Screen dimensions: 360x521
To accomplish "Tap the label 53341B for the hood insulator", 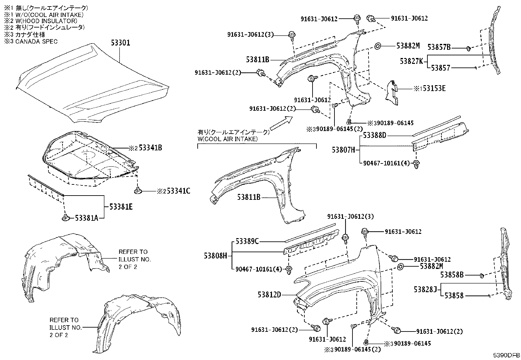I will [150, 148].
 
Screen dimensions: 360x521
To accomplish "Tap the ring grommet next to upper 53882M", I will [377, 46].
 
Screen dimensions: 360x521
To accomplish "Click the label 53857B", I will [439, 48].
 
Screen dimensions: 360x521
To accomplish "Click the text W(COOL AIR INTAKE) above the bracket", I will [227, 139].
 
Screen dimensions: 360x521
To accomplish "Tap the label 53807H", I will [343, 150].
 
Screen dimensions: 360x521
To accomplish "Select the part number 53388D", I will [375, 135].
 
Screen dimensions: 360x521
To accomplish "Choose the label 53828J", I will [425, 290].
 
